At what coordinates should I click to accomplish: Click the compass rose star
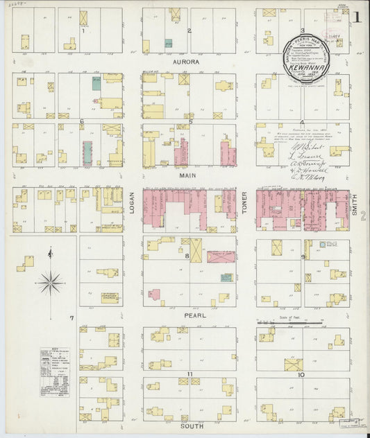pyautogui.click(x=50, y=282)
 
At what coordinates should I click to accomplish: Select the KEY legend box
pyautogui.click(x=54, y=371)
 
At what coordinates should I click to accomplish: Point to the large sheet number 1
pyautogui.click(x=356, y=18)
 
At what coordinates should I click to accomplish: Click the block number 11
pyautogui.click(x=189, y=374)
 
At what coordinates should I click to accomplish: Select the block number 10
pyautogui.click(x=301, y=374)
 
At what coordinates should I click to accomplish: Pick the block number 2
pyautogui.click(x=189, y=31)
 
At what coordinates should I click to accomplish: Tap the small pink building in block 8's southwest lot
pyautogui.click(x=155, y=294)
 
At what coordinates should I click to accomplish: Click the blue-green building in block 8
pyautogui.click(x=226, y=277)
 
